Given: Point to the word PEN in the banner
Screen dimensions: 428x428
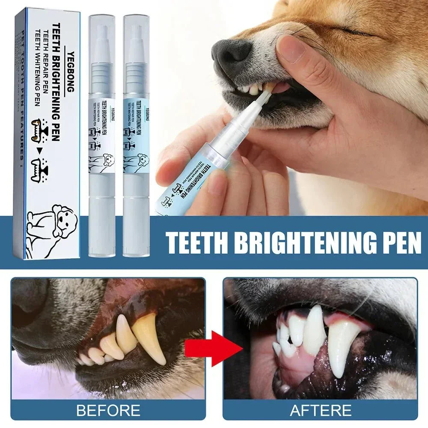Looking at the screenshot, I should tap(401, 243).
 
